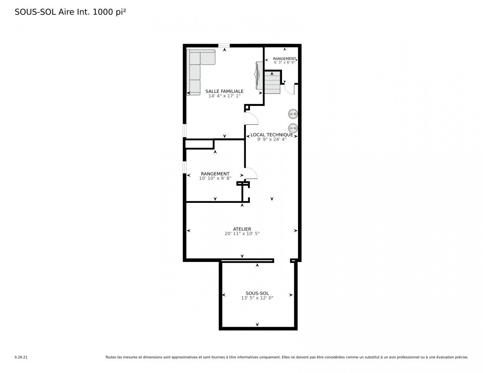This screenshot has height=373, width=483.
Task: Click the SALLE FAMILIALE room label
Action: click(x=224, y=91)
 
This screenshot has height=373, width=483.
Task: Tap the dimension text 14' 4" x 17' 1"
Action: click(x=224, y=96)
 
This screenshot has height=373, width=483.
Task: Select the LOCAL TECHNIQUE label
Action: click(x=272, y=135)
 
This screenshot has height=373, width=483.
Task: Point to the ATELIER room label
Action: click(x=242, y=229)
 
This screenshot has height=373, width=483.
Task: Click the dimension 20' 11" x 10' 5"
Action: click(x=242, y=233)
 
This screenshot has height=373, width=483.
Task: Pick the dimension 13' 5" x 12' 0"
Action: click(x=257, y=298)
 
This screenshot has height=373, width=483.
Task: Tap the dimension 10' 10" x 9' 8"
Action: click(x=215, y=178)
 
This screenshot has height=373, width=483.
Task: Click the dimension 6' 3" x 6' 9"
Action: click(x=284, y=62)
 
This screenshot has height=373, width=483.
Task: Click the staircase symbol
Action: click(x=272, y=82)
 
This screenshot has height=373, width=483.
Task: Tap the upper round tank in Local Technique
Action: click(x=293, y=114)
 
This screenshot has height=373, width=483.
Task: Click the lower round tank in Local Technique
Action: click(x=293, y=128)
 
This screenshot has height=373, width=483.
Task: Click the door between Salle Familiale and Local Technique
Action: click(x=251, y=119)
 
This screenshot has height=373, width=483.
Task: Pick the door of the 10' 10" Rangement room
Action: click(x=251, y=173)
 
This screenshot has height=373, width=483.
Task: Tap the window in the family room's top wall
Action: click(x=224, y=46)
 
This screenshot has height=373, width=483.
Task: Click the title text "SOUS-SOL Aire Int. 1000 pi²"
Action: click(x=70, y=12)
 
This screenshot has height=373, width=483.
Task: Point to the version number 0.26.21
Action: click(x=21, y=357)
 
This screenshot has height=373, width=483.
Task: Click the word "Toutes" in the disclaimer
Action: click(x=110, y=357)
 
